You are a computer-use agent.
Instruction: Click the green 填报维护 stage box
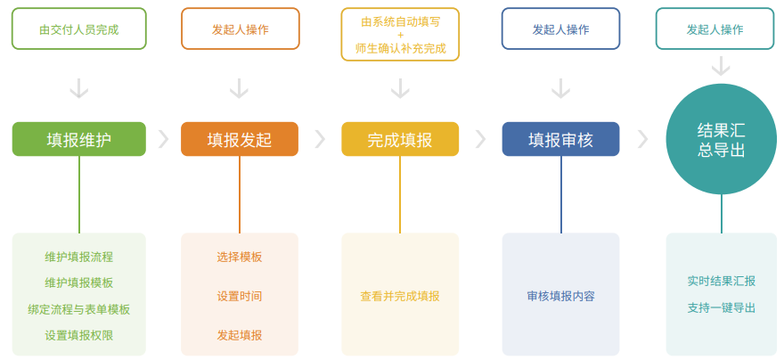[78, 139]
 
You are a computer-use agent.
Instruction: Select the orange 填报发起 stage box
[239, 139]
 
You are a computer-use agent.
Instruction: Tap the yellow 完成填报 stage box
[399, 139]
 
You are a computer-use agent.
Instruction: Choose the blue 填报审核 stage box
[560, 139]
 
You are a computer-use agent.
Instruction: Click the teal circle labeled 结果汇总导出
[721, 139]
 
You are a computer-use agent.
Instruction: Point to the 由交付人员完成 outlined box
[78, 29]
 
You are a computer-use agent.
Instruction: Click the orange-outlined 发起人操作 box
[240, 29]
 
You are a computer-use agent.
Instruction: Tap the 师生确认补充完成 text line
[400, 48]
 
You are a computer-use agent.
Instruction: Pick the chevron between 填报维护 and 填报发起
[163, 139]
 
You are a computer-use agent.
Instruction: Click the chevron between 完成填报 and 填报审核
[480, 139]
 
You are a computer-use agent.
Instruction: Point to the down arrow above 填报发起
[239, 88]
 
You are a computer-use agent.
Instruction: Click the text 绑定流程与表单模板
[78, 309]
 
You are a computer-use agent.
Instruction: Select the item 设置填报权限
[78, 335]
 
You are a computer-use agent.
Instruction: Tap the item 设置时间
[239, 296]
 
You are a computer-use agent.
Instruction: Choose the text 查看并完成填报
[399, 296]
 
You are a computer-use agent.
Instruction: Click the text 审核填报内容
[560, 296]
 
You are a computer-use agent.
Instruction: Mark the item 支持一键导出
[721, 307]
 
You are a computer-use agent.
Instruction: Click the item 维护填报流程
[78, 257]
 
